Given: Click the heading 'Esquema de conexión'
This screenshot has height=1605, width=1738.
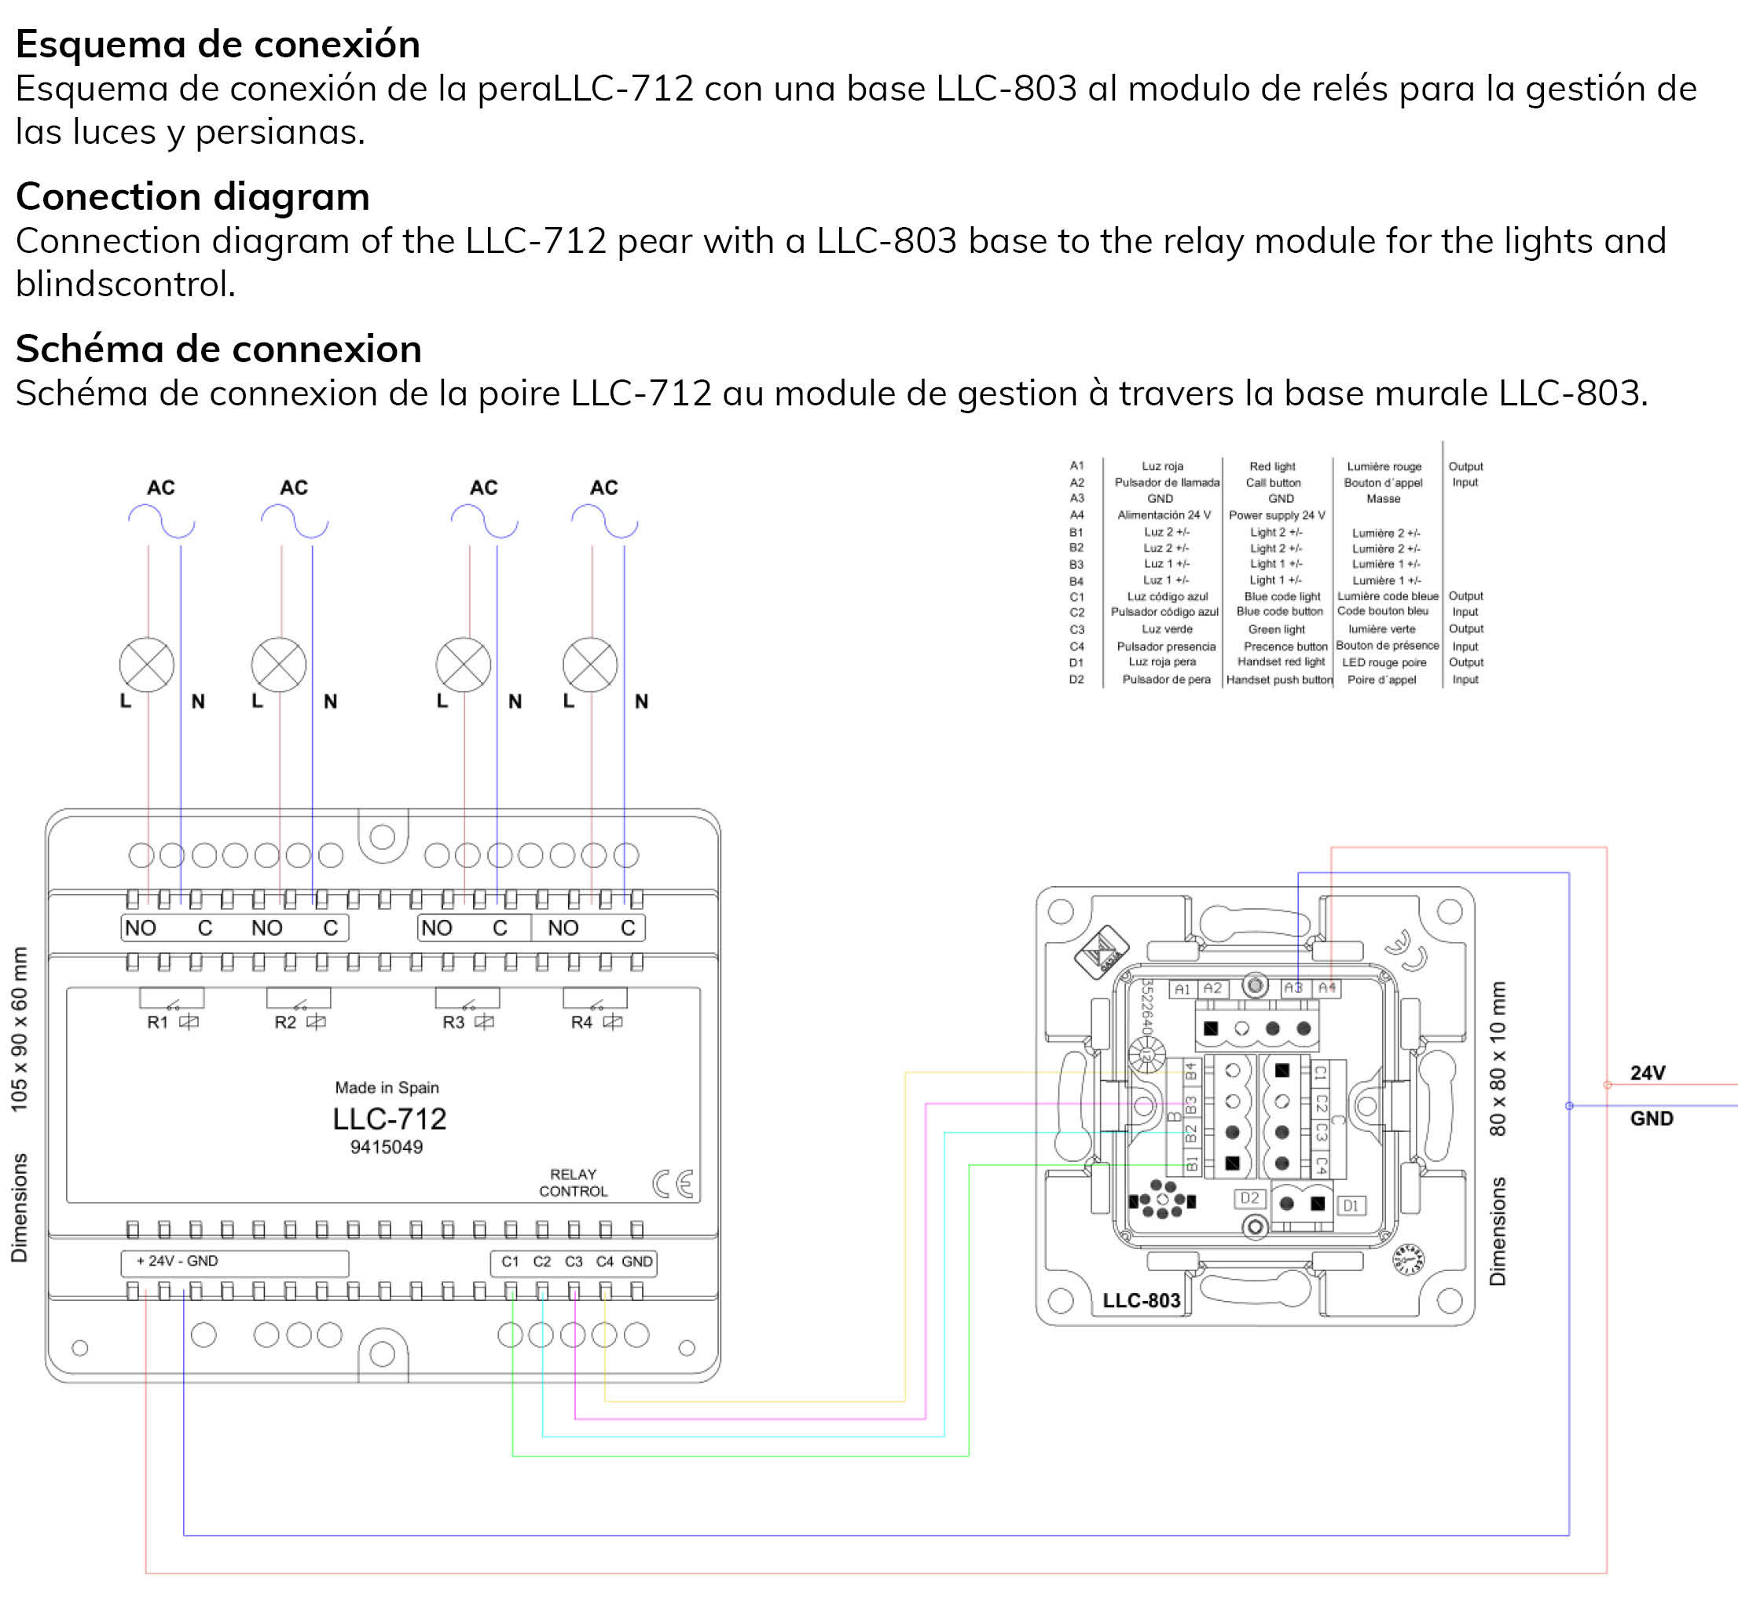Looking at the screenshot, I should pos(218,44).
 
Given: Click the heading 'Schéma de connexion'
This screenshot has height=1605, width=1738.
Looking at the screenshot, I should pos(219,349).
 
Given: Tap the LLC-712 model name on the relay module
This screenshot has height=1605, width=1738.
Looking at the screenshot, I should pos(389,1119).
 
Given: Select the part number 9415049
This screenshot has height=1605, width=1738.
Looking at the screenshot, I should pos(387,1147).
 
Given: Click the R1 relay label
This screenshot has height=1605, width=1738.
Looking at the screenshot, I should pos(157,1022).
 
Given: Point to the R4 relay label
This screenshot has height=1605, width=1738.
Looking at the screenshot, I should pos(581,1022).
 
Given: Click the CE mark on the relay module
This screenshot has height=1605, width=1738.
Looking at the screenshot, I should pos(673,1184).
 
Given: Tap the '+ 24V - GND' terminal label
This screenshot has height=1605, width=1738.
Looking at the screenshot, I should pos(178,1261).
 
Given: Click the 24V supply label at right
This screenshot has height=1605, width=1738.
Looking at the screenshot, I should pos(1648,1073).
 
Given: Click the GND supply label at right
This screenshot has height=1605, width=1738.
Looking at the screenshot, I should pos(1651,1119).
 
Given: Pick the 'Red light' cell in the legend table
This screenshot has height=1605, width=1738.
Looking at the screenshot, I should pos(1272,467).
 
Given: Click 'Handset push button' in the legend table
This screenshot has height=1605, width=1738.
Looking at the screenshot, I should pos(1279,680).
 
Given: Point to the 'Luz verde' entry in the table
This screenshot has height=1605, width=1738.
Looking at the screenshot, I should pos(1167,628).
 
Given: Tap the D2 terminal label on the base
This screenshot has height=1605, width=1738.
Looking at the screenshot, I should pos(1249,1199).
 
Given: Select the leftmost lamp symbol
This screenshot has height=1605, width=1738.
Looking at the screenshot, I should pos(147,665).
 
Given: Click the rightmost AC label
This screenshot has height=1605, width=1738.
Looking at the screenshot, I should pos(603,488).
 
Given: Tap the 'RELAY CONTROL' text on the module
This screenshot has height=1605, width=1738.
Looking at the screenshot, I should pos(574,1183).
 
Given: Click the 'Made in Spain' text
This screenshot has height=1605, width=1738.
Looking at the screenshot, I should pos(387,1087).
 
